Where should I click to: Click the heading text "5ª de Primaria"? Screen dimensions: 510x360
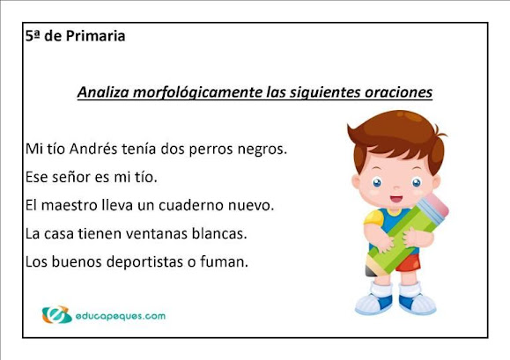pyautogui.click(x=75, y=36)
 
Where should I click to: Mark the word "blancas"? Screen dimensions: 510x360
pyautogui.click(x=218, y=233)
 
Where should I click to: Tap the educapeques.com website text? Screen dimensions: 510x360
pyautogui.click(x=121, y=316)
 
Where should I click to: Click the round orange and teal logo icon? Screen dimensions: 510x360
pyautogui.click(x=56, y=314)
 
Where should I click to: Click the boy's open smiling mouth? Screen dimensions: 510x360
pyautogui.click(x=396, y=198)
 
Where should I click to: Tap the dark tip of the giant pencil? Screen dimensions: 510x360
pyautogui.click(x=370, y=270)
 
